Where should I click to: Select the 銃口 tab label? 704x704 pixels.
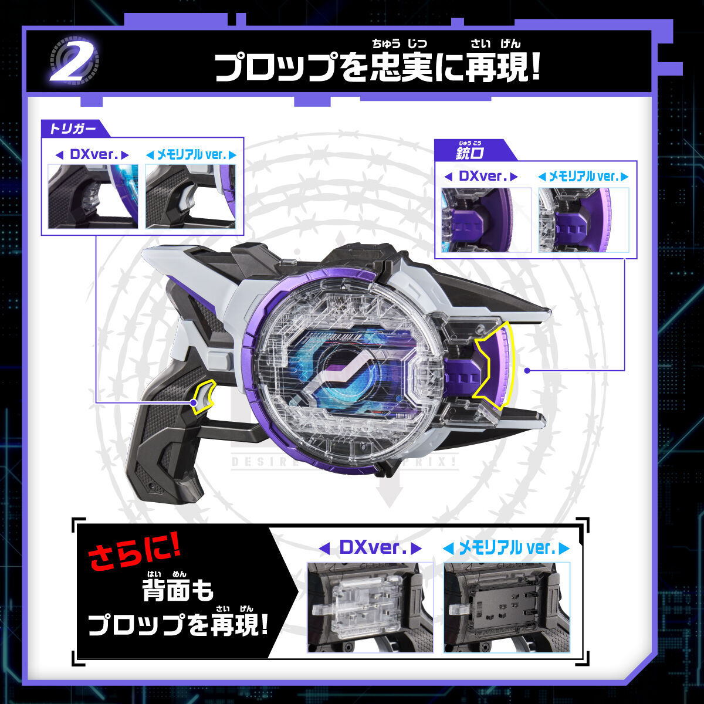coord(467,153)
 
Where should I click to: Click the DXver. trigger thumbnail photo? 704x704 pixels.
coord(93,196)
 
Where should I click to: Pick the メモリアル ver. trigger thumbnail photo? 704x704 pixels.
coord(190,196)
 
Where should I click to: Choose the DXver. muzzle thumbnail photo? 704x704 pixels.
coord(486,220)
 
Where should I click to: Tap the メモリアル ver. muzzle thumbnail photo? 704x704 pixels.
coord(583,220)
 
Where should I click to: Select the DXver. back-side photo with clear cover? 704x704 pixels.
coord(370,607)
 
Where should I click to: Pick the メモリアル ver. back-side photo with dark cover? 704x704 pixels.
coord(506,607)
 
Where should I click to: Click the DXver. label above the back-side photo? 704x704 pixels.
coord(370,549)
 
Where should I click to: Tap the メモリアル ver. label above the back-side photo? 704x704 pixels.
coord(506,549)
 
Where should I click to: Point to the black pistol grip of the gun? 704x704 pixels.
coord(167,446)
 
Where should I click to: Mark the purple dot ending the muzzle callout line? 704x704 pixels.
coord(527,370)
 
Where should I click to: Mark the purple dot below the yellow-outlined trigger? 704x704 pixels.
coord(194,402)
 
